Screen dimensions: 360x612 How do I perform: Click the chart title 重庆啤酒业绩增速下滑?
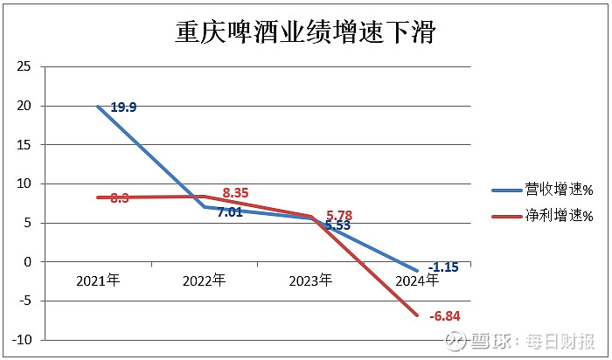pyautogui.click(x=306, y=32)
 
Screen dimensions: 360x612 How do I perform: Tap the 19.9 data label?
pyautogui.click(x=122, y=107)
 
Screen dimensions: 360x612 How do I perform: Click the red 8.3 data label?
pyautogui.click(x=121, y=198)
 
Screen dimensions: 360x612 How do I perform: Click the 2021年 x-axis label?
pyautogui.click(x=98, y=280)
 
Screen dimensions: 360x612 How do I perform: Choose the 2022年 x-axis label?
pyautogui.click(x=205, y=280)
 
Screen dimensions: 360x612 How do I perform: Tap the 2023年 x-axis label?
pyautogui.click(x=310, y=280)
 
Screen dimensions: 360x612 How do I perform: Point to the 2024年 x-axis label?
pyautogui.click(x=417, y=280)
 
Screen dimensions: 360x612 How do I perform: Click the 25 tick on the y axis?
pyautogui.click(x=24, y=66)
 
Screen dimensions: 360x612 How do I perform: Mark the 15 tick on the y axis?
pyautogui.click(x=24, y=144)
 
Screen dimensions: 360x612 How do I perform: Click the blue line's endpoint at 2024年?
pyautogui.click(x=417, y=270)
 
